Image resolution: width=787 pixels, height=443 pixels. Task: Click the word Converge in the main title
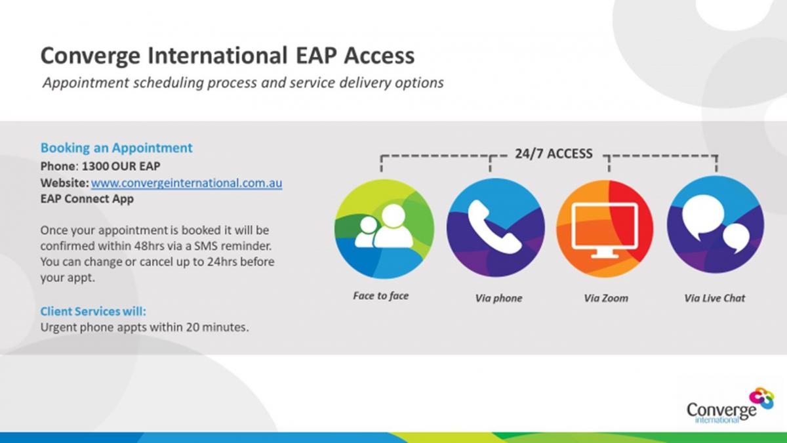point(91,56)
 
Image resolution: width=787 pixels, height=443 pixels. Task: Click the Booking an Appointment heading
point(117,148)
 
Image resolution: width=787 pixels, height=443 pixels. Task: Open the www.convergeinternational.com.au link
point(186,183)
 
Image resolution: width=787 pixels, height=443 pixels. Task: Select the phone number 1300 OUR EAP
point(121,166)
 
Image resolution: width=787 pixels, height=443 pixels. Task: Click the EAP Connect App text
point(87,199)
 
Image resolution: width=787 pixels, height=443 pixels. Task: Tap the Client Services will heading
point(93,312)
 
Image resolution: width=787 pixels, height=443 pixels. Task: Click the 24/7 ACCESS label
point(554,154)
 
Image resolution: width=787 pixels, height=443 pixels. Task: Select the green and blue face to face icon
point(384,229)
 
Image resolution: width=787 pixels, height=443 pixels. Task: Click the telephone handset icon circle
point(496,228)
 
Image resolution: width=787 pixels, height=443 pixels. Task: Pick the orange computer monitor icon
point(605,228)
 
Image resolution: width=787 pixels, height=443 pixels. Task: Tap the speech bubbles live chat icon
point(716,224)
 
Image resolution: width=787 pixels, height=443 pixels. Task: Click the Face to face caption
point(381,296)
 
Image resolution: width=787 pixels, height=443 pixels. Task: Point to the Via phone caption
point(498,299)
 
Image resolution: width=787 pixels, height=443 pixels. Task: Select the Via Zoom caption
point(606,299)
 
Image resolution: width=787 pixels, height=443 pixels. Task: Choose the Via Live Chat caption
point(715,299)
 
